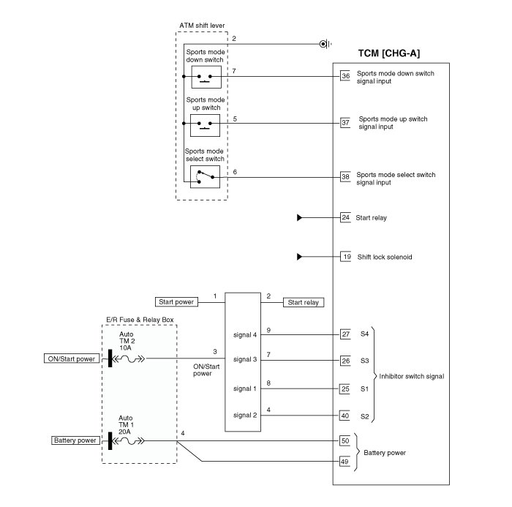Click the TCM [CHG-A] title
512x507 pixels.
(388, 53)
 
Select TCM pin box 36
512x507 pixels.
(346, 75)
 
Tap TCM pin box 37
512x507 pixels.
(346, 122)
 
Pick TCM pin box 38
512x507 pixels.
(346, 176)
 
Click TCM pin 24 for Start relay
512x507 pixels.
(346, 217)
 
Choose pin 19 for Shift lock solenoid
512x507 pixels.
(346, 257)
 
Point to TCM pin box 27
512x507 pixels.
(346, 334)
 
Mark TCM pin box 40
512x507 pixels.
(346, 416)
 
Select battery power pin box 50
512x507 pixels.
(346, 441)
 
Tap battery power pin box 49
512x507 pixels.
(346, 462)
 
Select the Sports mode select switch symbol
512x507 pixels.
(204, 176)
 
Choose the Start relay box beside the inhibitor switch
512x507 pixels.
(304, 301)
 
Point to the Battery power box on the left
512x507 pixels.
(75, 440)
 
